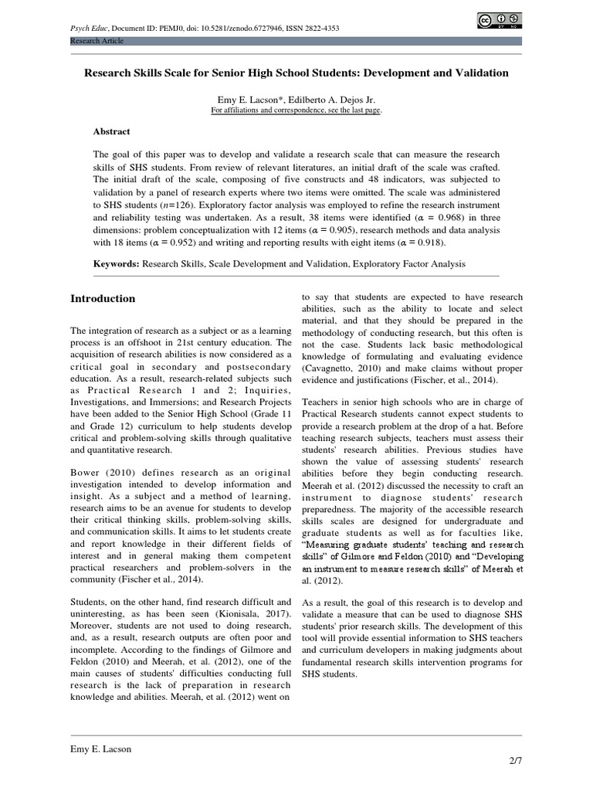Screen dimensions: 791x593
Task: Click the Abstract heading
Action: pyautogui.click(x=112, y=132)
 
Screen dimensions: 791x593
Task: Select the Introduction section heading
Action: pyautogui.click(x=103, y=299)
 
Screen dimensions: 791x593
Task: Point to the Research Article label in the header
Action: pyautogui.click(x=97, y=41)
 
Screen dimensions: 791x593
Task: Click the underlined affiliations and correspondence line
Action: pyautogui.click(x=296, y=110)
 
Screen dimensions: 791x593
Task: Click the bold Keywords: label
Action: pyautogui.click(x=116, y=263)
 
